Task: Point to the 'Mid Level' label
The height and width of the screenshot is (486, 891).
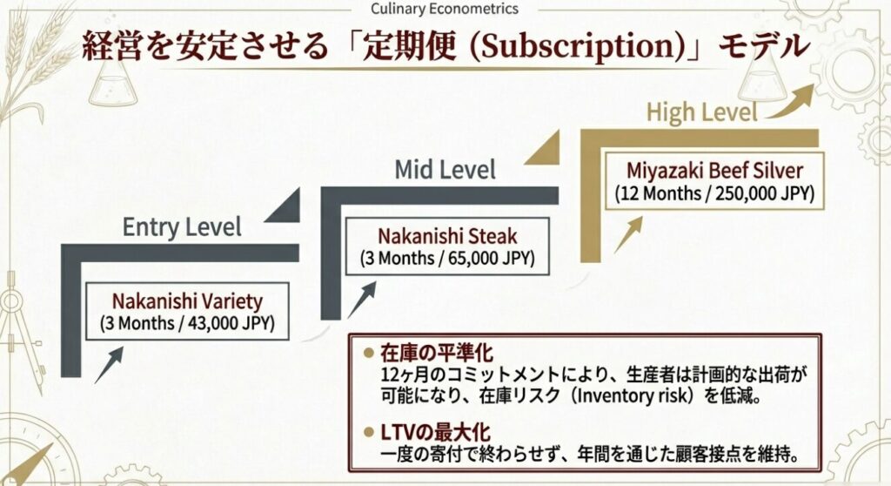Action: point(445,168)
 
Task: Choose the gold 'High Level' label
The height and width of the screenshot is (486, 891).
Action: point(702,111)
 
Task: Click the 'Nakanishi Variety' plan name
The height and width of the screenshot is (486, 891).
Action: point(186,302)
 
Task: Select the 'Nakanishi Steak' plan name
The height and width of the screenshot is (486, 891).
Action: point(447,236)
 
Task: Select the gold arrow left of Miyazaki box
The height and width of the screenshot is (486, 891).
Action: point(627,234)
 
